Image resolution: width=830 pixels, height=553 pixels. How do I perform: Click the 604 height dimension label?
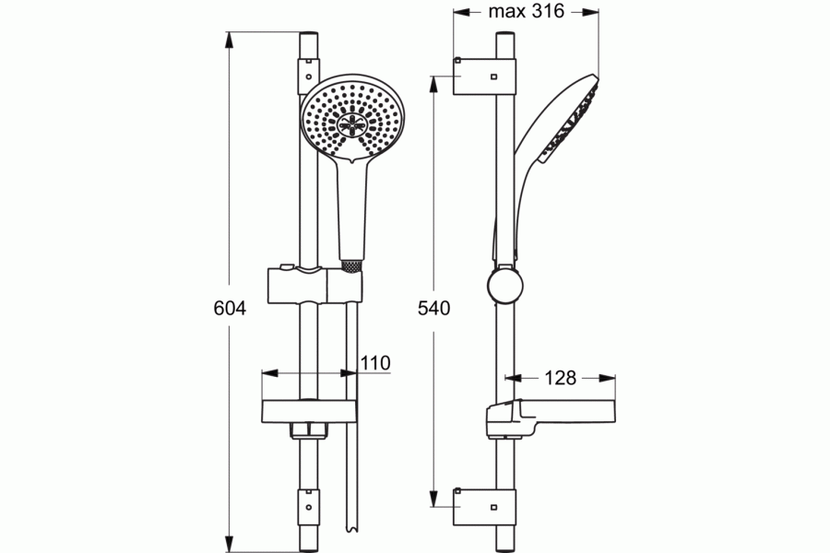(230, 308)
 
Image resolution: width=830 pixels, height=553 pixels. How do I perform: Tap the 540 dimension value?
(433, 308)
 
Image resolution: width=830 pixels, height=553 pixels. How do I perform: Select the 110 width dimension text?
(375, 363)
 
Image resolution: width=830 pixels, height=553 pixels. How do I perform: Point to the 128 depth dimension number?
(560, 378)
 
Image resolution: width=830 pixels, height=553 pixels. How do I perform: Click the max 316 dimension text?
(527, 11)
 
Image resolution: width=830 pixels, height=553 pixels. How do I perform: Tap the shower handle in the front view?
(352, 212)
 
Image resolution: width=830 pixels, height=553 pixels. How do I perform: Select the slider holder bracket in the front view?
(315, 285)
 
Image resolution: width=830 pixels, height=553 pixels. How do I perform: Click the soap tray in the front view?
(309, 412)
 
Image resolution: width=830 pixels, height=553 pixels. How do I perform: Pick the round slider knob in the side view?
(505, 286)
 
